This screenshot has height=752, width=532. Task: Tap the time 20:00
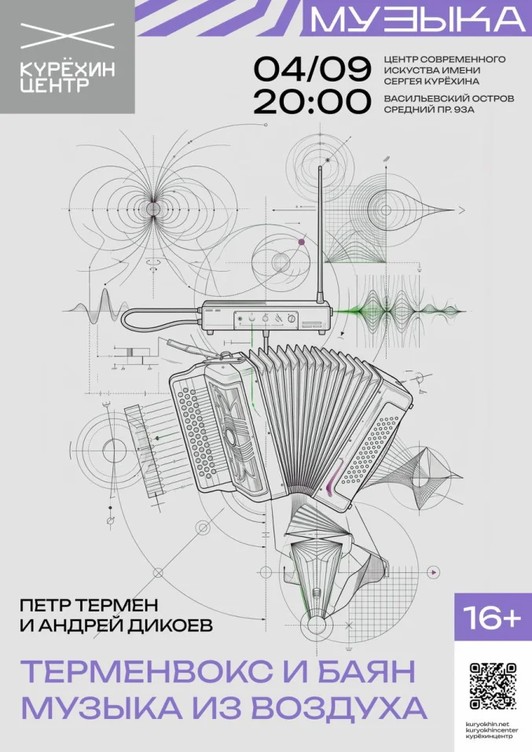(x=313, y=102)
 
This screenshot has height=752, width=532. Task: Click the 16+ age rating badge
(x=493, y=618)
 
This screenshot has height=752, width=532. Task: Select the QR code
(x=492, y=686)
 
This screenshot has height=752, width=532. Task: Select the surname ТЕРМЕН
(x=116, y=605)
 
